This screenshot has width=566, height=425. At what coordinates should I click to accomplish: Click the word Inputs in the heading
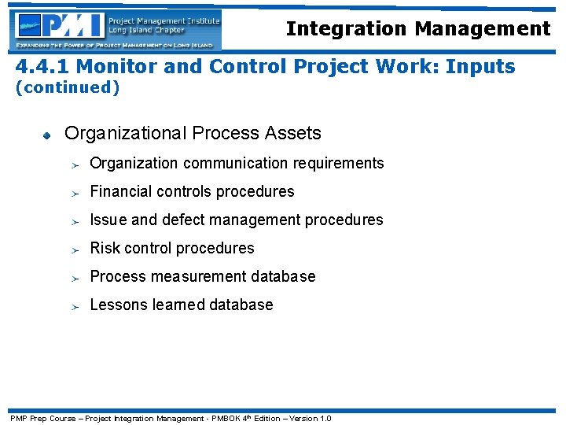click(x=480, y=66)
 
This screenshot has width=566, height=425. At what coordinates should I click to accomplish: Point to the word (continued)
click(x=68, y=87)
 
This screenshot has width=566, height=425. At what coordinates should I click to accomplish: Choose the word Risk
click(x=105, y=248)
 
